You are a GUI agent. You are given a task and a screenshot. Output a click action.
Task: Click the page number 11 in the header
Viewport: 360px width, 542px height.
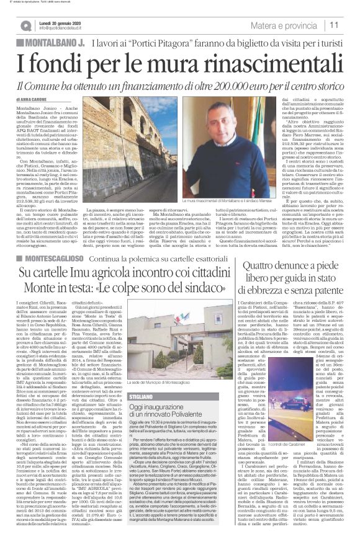(349, 25)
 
